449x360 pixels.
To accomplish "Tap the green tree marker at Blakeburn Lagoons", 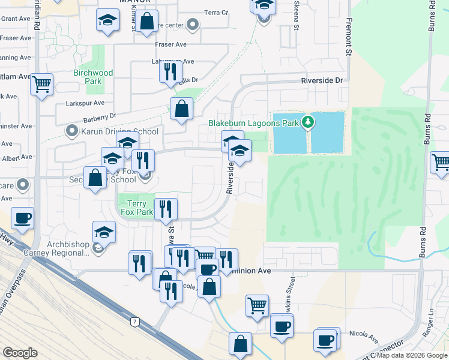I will pos(308,122).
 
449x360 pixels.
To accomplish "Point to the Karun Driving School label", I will pos(119,131).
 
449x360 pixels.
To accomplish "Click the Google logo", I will pos(20,352).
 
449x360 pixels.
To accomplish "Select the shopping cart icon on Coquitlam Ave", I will pos(42,84).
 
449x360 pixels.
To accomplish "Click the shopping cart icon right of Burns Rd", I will pos(440,161).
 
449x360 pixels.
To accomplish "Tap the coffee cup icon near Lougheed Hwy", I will pos(22,218).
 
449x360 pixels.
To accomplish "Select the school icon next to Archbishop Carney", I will pos(104,232).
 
